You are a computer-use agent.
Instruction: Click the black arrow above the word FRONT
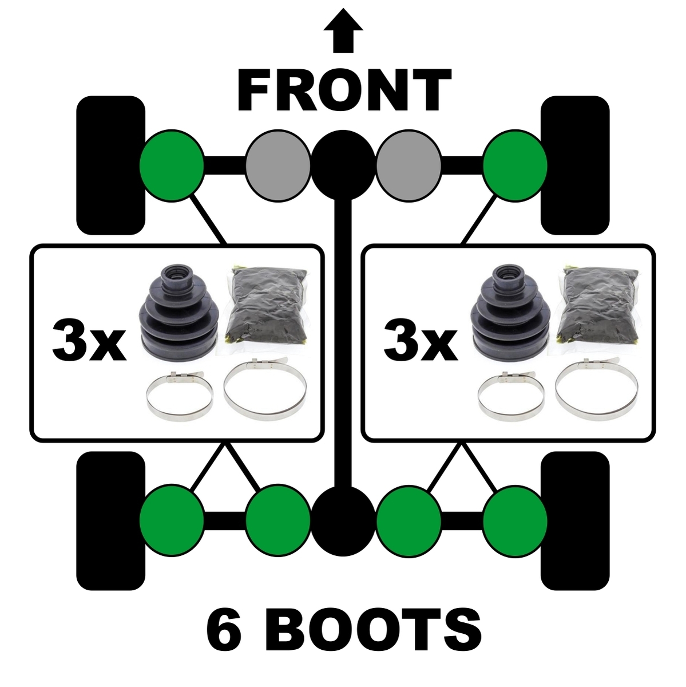(343, 30)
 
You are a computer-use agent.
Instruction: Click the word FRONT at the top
(344, 90)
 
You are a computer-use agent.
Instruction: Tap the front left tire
(111, 165)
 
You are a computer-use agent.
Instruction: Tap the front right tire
(575, 165)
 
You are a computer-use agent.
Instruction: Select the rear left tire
(111, 521)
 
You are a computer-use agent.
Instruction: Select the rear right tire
(575, 521)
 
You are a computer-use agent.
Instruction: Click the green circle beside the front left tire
(172, 165)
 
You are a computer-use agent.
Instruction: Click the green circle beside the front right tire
(514, 165)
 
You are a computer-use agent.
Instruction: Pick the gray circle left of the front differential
(278, 165)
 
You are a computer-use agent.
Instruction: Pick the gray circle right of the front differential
(409, 165)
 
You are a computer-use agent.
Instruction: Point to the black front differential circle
(343, 165)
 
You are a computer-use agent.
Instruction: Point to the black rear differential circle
(343, 520)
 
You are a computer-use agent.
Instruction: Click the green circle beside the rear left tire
(172, 520)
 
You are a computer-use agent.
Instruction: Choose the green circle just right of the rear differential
(409, 520)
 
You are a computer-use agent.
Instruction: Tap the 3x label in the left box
(89, 341)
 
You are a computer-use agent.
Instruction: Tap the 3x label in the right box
(421, 341)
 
